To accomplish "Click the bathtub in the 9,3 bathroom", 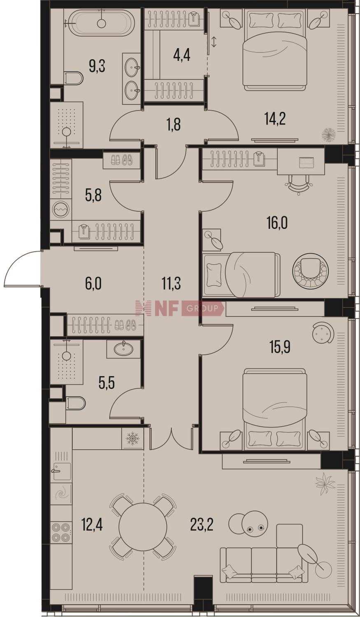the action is click(x=101, y=22).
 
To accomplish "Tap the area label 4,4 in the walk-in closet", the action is click(x=182, y=56).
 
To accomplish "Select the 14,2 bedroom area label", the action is click(x=275, y=119).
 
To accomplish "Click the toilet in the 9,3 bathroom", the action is click(x=74, y=78).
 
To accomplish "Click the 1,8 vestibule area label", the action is click(x=174, y=124).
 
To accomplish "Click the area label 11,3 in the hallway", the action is click(x=171, y=284).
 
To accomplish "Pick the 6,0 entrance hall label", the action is click(x=93, y=284).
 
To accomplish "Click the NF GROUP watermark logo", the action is click(x=179, y=308).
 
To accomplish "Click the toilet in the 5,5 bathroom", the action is click(x=75, y=403).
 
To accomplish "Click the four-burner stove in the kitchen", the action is click(x=61, y=532).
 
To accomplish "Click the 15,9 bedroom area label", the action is click(x=280, y=347).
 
